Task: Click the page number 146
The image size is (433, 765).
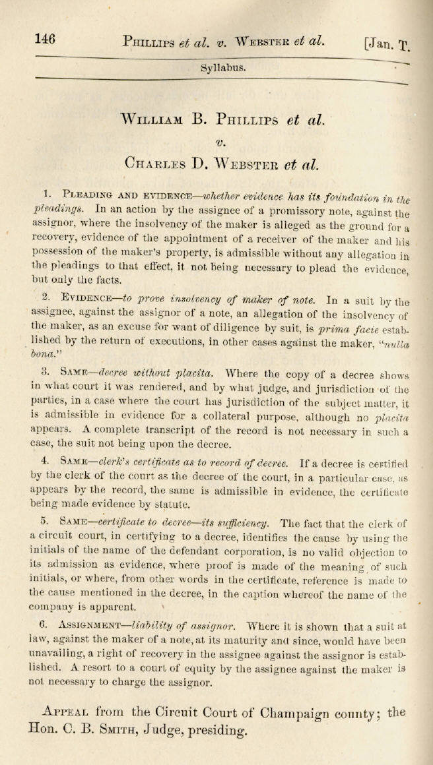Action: click(45, 38)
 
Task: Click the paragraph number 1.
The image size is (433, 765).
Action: click(47, 194)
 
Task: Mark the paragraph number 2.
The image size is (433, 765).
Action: click(46, 297)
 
